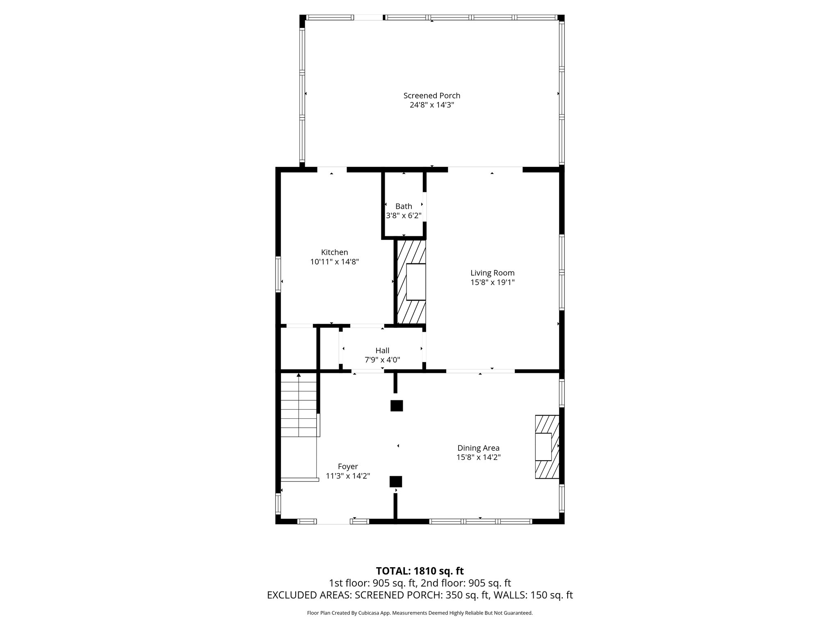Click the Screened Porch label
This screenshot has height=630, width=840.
click(x=431, y=96)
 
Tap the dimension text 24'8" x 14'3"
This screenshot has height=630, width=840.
click(x=431, y=105)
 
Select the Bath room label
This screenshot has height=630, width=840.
click(x=404, y=206)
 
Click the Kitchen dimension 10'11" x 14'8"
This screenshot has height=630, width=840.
click(x=334, y=262)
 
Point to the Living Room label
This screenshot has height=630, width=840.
click(x=492, y=273)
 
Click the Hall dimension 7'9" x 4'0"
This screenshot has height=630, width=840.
click(x=382, y=360)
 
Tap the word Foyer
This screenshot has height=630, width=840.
click(x=348, y=466)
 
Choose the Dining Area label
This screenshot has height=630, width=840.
click(x=478, y=448)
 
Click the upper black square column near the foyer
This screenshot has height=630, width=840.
click(x=396, y=406)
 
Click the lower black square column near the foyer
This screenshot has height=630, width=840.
click(x=396, y=481)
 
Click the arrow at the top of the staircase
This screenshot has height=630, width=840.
click(x=299, y=375)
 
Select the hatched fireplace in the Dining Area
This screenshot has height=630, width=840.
click(x=547, y=447)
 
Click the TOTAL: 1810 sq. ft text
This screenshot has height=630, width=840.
click(x=420, y=571)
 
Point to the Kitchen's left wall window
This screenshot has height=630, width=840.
click(x=278, y=274)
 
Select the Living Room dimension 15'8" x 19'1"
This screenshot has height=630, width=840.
click(x=492, y=282)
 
